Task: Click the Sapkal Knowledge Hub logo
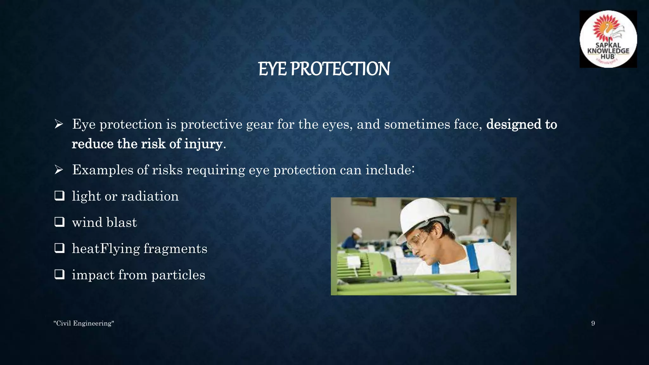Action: pyautogui.click(x=608, y=39)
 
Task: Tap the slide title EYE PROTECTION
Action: pyautogui.click(x=324, y=69)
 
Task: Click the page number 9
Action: pyautogui.click(x=593, y=323)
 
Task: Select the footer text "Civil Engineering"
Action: pyautogui.click(x=84, y=323)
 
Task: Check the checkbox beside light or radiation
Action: pyautogui.click(x=59, y=195)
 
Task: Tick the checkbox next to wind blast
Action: pyautogui.click(x=59, y=222)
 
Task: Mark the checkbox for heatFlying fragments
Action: pyautogui.click(x=59, y=248)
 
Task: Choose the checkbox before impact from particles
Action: pyautogui.click(x=59, y=274)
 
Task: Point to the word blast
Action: pyautogui.click(x=122, y=222)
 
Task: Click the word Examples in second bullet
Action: pyautogui.click(x=103, y=170)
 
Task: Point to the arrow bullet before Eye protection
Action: pyautogui.click(x=59, y=124)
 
